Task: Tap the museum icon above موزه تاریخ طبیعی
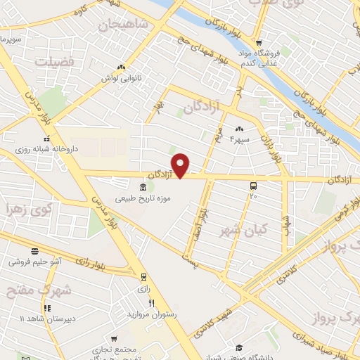pyautogui.click(x=143, y=187)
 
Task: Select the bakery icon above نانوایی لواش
pyautogui.click(x=121, y=67)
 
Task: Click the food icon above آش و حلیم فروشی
pyautogui.click(x=34, y=251)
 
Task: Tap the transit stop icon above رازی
pyautogui.click(x=143, y=277)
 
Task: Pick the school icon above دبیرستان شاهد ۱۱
pyautogui.click(x=46, y=308)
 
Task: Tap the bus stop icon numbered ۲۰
pyautogui.click(x=253, y=186)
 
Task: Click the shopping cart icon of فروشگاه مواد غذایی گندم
pyautogui.click(x=258, y=43)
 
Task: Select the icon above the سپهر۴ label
pyautogui.click(x=239, y=128)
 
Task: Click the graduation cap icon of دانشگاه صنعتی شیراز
pyautogui.click(x=239, y=347)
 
